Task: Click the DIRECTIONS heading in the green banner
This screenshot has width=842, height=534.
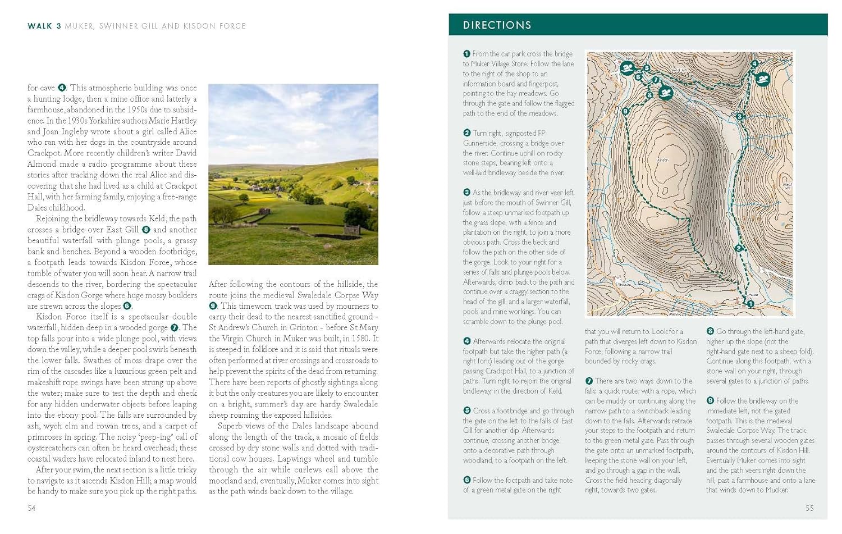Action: click(x=497, y=25)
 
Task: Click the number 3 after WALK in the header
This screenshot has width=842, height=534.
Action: click(x=59, y=26)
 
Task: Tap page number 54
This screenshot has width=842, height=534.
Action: click(x=31, y=508)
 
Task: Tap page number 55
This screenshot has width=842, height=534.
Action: click(x=809, y=508)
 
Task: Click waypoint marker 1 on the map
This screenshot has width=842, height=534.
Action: click(x=751, y=304)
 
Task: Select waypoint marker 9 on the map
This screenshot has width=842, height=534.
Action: click(x=626, y=111)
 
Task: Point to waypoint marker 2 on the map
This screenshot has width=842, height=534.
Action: click(x=738, y=248)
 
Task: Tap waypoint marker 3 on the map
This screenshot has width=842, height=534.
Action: click(x=740, y=117)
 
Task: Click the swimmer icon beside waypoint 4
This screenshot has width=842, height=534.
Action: click(x=762, y=79)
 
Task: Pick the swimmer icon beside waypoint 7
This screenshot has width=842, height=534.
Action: click(x=666, y=92)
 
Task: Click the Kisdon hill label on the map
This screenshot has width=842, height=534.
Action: click(x=662, y=160)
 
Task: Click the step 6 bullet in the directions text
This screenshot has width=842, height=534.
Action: click(x=466, y=480)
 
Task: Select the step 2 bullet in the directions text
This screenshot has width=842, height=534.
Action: click(x=466, y=133)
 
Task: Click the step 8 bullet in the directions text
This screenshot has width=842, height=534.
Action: click(x=710, y=332)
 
